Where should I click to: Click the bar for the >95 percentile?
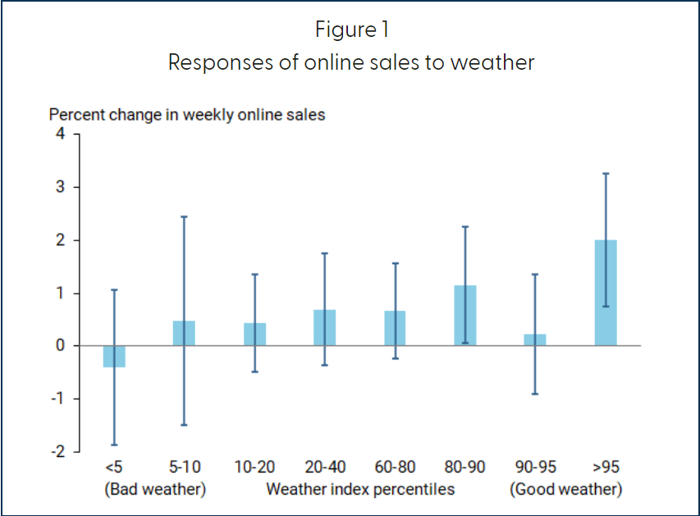click(x=605, y=293)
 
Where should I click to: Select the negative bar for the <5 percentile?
click(x=114, y=356)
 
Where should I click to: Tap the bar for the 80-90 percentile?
click(x=464, y=316)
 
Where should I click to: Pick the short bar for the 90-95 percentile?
click(x=535, y=340)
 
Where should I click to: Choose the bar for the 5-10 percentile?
click(x=184, y=333)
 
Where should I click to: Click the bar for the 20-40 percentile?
click(x=324, y=327)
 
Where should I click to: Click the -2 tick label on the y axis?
click(x=59, y=452)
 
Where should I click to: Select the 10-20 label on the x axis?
click(x=254, y=468)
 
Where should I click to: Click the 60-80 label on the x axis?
click(x=395, y=468)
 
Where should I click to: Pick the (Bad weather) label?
click(x=155, y=490)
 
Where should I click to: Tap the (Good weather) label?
click(x=566, y=490)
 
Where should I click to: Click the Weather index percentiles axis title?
click(x=360, y=490)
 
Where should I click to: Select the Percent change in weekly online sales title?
click(x=187, y=115)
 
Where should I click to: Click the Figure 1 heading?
click(x=351, y=30)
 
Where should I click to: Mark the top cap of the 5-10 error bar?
click(x=184, y=217)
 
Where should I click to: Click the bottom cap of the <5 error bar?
click(x=114, y=445)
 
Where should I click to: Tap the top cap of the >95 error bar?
click(x=605, y=174)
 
